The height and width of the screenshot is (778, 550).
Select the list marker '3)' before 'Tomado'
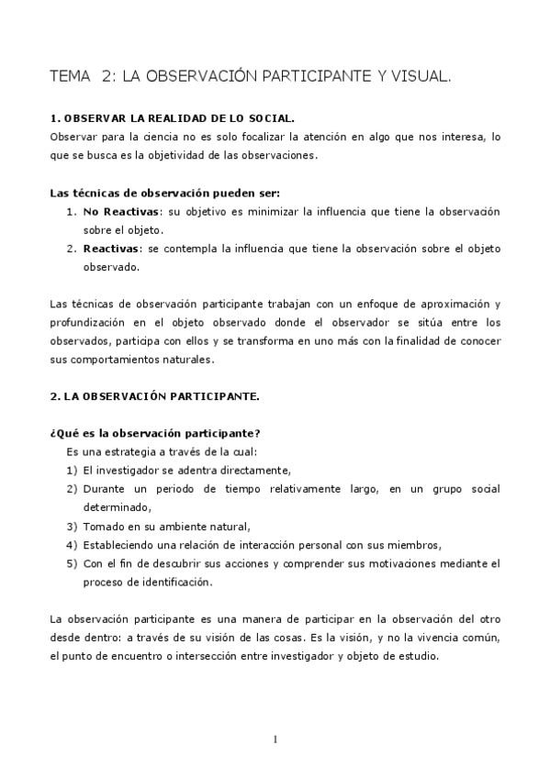[72, 526]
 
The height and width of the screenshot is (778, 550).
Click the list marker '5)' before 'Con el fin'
[72, 562]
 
